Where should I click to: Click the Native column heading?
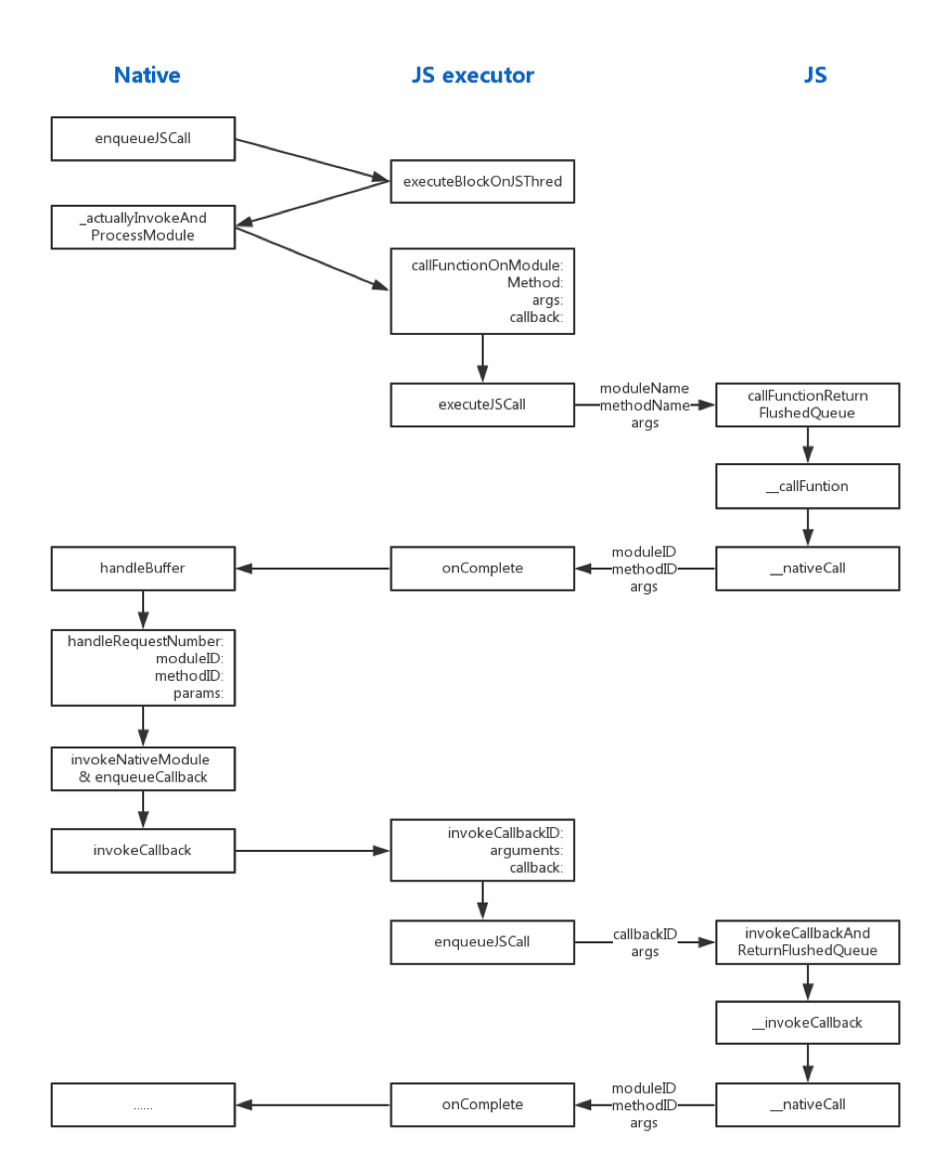[147, 76]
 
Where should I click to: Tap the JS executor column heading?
[472, 76]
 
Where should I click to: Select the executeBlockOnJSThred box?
[482, 181]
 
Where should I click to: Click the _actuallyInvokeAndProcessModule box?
[143, 227]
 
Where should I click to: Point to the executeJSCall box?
[482, 406]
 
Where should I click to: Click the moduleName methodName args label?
[644, 406]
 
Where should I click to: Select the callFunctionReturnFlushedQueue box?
[807, 406]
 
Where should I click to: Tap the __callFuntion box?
[807, 487]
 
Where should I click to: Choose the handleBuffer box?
[143, 569]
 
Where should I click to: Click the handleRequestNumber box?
[143, 666]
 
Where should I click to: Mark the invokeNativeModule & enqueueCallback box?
[143, 768]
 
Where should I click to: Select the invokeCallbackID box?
[482, 850]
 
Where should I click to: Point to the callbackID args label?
[644, 942]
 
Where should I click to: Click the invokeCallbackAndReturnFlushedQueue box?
[807, 942]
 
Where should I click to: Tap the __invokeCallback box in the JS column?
[807, 1023]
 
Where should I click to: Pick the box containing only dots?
[143, 1104]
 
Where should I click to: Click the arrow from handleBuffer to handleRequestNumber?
[143, 608]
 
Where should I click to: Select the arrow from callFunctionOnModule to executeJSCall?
[482, 358]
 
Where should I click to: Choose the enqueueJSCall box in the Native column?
[143, 139]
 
